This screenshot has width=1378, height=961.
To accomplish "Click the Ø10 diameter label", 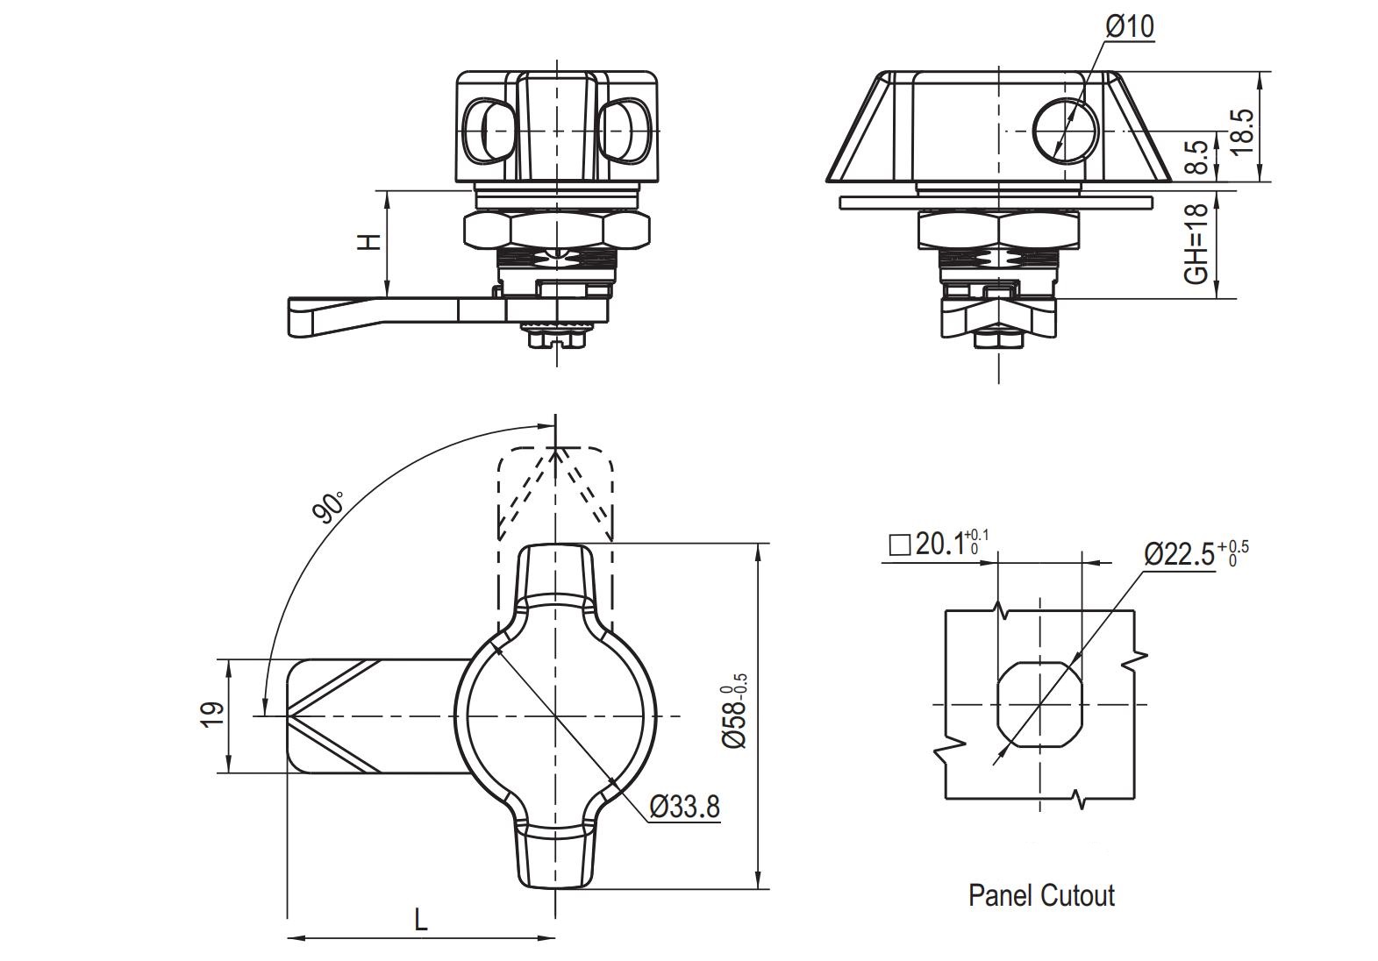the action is pyautogui.click(x=1130, y=27).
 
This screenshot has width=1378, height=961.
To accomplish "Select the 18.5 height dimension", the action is pyautogui.click(x=1242, y=132).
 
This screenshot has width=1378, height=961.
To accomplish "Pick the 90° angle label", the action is pyautogui.click(x=327, y=507).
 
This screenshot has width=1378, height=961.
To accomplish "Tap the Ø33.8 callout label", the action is pyautogui.click(x=684, y=808).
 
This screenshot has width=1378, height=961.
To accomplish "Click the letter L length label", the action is pyautogui.click(x=421, y=921).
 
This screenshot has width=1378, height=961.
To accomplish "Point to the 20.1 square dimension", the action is pyautogui.click(x=939, y=543).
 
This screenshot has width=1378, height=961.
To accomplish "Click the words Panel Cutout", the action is pyautogui.click(x=1041, y=896).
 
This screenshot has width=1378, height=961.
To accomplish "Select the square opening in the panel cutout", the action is pyautogui.click(x=1039, y=705).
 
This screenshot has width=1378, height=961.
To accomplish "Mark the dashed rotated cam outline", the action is pyautogui.click(x=555, y=492).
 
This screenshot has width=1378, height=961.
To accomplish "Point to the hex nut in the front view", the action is pyautogui.click(x=556, y=231).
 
